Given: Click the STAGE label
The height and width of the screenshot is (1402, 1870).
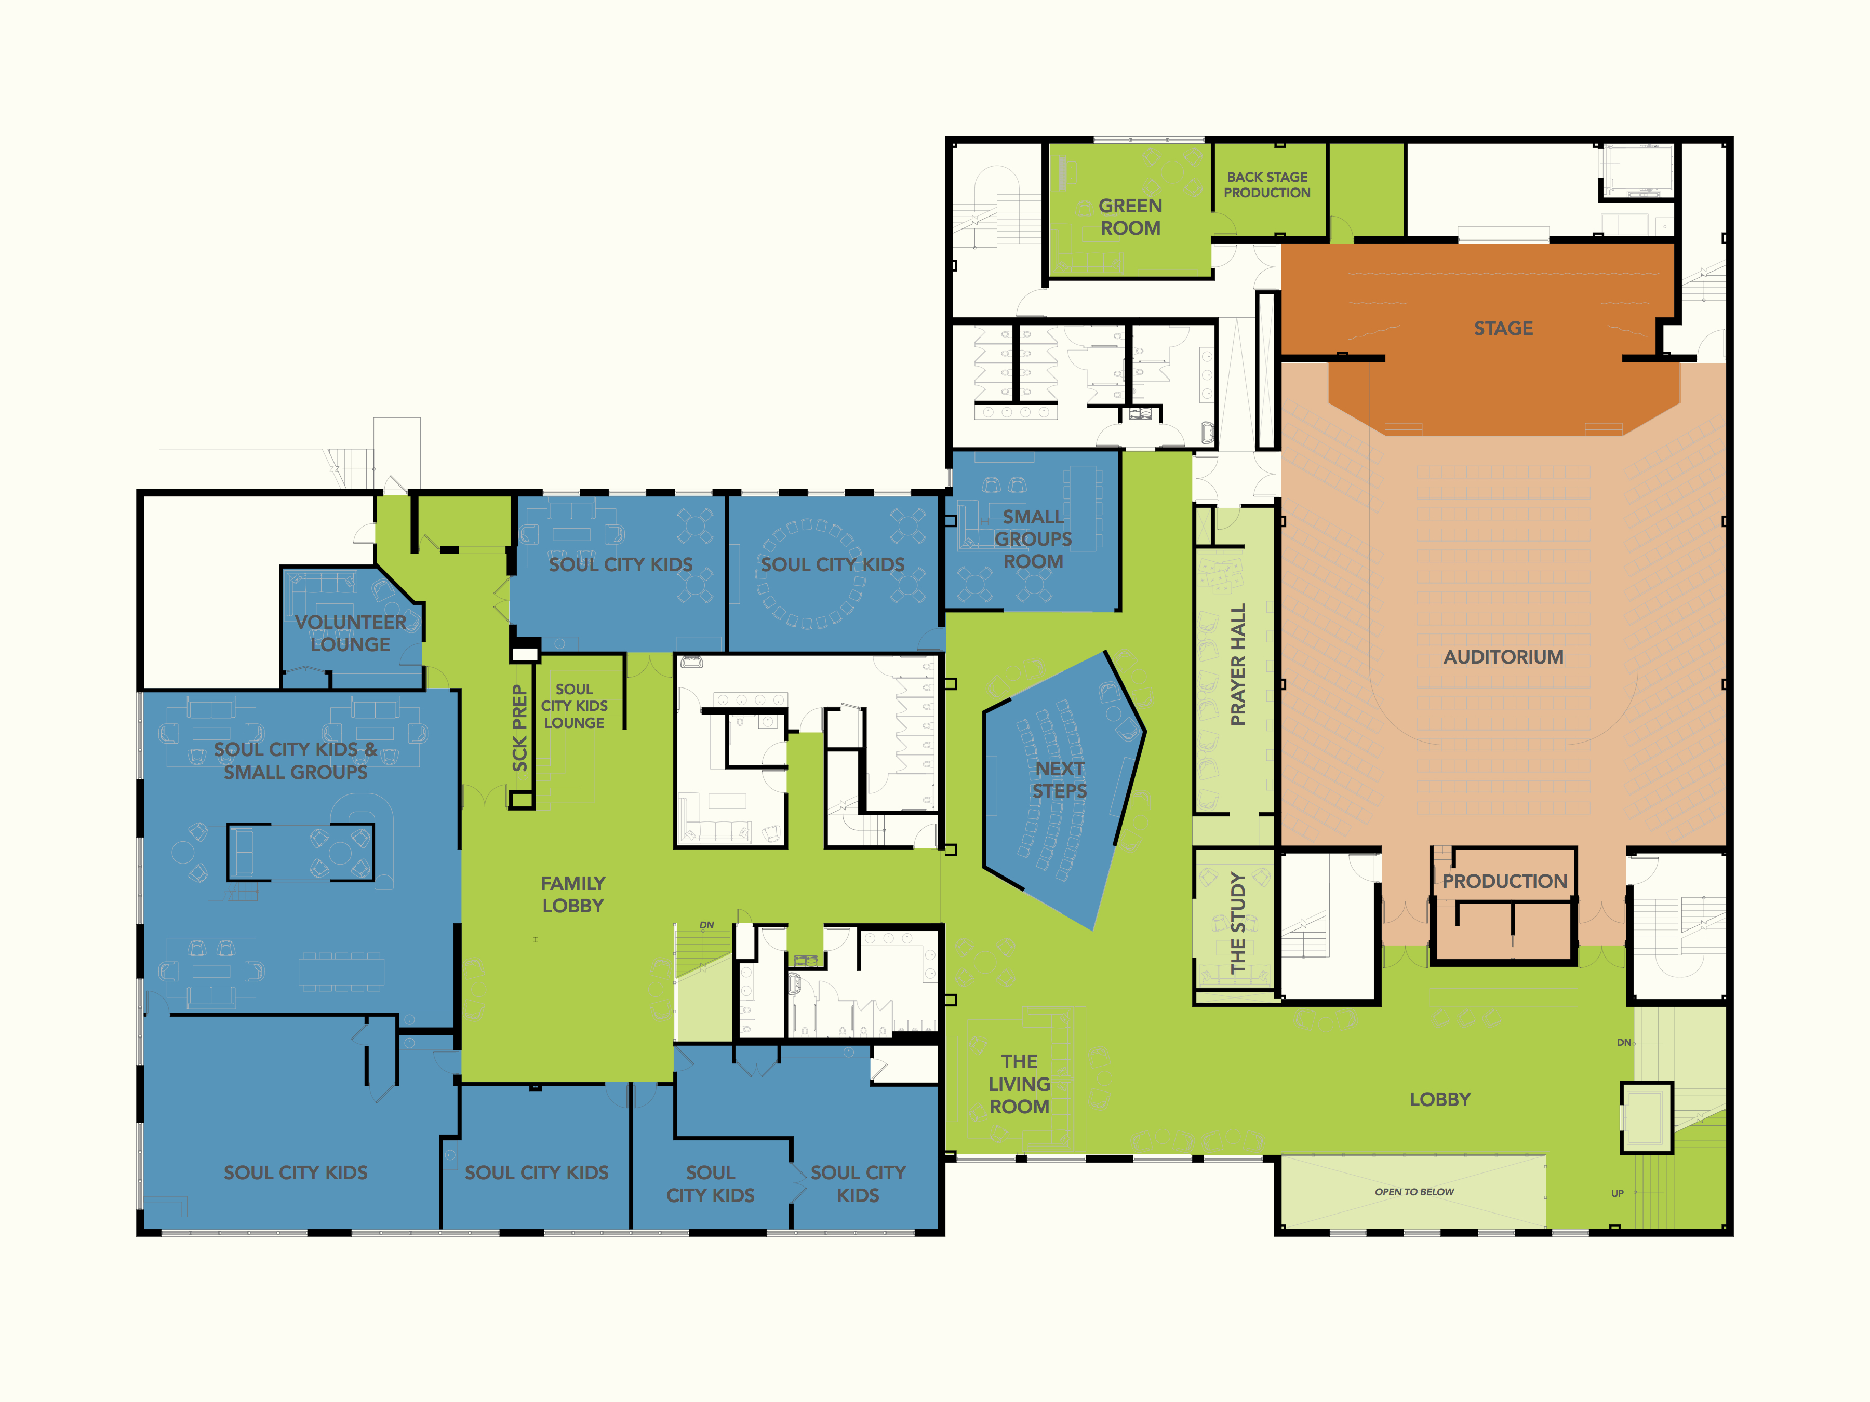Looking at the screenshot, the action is (1503, 328).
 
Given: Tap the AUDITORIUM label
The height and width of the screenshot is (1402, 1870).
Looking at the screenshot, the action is (1503, 657).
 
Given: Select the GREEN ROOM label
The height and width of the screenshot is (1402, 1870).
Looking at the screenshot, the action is (1130, 217).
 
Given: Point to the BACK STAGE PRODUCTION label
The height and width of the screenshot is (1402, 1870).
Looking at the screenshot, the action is (1267, 185).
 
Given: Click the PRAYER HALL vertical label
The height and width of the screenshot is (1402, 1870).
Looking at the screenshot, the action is (1238, 664).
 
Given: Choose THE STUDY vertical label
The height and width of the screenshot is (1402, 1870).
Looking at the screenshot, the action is (1238, 923).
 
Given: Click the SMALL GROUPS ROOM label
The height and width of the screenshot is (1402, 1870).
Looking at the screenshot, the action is (1033, 538).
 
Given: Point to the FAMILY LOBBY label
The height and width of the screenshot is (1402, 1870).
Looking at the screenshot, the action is (573, 894).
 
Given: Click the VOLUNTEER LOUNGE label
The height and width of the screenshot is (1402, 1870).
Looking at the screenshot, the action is (350, 633).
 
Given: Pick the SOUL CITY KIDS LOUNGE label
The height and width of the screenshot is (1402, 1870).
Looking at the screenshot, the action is (574, 706).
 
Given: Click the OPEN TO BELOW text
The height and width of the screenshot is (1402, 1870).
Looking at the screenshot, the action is (1414, 1192).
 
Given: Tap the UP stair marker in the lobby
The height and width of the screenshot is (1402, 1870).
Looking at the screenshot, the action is (1617, 1193).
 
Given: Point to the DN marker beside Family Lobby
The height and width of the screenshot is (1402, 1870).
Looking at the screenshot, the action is (707, 925).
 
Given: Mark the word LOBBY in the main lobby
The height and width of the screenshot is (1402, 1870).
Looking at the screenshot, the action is (1440, 1099).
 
